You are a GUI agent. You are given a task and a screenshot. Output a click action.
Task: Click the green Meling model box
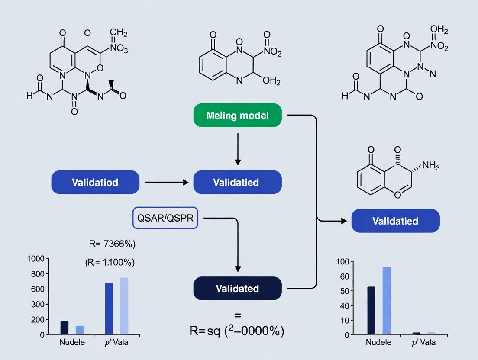coord(237,116)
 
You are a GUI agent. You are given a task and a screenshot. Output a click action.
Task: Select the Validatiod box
coord(95,182)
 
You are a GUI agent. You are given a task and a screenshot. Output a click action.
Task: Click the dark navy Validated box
coord(237,289)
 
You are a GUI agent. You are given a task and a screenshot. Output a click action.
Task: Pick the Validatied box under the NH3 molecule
coord(395,221)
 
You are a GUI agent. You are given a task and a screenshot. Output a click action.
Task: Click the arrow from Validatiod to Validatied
coord(167,183)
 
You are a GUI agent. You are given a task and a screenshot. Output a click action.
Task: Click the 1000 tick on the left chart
coord(36,259)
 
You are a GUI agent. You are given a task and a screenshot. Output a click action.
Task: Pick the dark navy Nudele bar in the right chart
coord(371,310)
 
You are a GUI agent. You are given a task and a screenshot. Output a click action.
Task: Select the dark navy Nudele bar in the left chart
coord(65,327)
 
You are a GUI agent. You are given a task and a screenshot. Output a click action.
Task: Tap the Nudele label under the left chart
coord(72,343)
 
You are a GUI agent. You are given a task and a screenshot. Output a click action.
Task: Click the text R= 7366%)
coord(112,244)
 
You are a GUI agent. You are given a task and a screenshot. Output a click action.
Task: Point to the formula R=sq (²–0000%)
coord(237,331)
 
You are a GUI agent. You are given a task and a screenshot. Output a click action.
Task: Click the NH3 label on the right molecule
coord(430,165)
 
